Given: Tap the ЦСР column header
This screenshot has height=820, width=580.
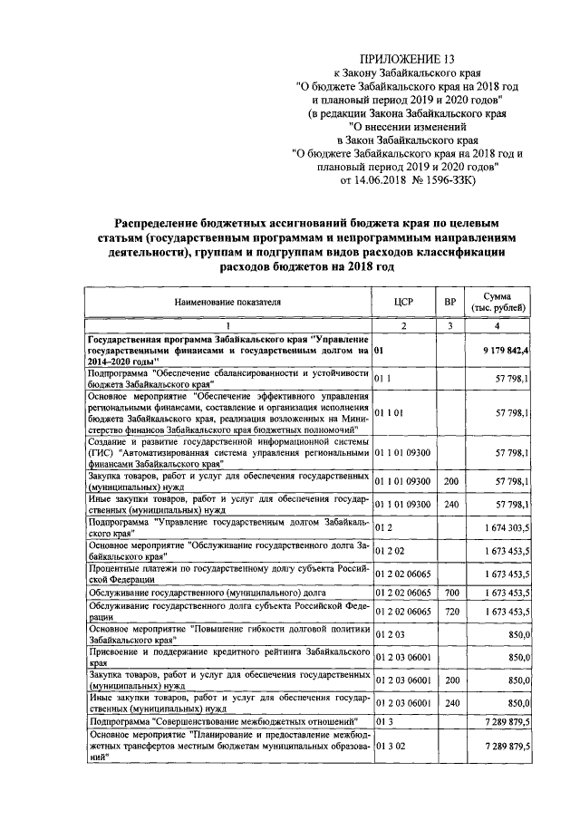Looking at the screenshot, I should coord(404,303).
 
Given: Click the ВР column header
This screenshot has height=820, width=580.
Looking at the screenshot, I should coord(448,303).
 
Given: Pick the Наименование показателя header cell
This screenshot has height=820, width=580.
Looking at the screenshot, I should coord(229,303).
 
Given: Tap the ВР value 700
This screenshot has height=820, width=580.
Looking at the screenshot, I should coord(448,592).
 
